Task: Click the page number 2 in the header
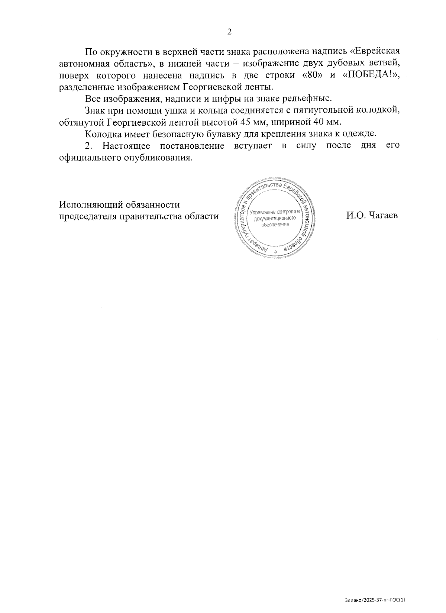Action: pos(229,32)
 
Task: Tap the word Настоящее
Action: pos(126,145)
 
